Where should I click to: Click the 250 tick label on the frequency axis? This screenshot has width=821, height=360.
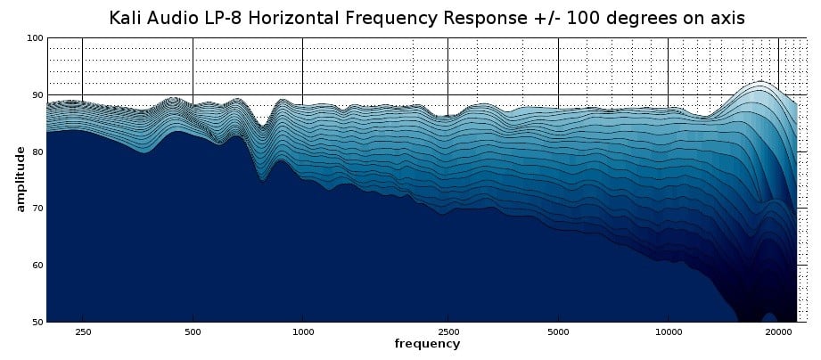tap(82, 331)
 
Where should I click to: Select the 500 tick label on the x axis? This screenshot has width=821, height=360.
tap(193, 331)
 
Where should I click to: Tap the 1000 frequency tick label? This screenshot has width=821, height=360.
tap(303, 331)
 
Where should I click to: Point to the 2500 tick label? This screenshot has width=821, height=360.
tap(447, 331)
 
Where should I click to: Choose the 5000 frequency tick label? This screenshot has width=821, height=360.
tap(558, 331)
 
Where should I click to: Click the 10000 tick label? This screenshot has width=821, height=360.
tap(668, 331)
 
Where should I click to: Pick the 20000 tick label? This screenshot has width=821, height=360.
tap(778, 331)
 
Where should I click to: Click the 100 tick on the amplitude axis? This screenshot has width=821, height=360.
tap(35, 38)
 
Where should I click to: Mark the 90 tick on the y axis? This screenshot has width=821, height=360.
tap(37, 94)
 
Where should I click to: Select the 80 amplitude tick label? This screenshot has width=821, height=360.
tap(37, 151)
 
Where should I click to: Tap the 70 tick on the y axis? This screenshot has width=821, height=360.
tap(37, 209)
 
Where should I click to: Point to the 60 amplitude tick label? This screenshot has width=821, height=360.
tap(37, 266)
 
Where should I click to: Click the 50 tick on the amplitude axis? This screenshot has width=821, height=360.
tap(37, 322)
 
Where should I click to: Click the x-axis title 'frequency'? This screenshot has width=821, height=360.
tap(428, 344)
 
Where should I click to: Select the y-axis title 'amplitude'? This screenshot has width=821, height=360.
tap(21, 180)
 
